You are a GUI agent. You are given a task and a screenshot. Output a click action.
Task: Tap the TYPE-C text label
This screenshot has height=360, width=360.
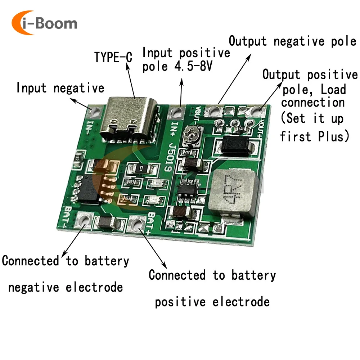[x=113, y=57]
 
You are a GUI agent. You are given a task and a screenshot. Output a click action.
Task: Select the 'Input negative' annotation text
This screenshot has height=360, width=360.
[x=60, y=88]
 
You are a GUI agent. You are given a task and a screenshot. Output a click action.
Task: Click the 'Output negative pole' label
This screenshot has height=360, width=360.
[x=292, y=41]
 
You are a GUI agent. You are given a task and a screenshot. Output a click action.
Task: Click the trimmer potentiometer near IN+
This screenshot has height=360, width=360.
[x=190, y=137]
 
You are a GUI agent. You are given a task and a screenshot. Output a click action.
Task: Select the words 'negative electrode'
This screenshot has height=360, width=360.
[x=66, y=288]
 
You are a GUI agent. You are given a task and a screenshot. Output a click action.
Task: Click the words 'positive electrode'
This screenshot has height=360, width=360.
[x=212, y=302]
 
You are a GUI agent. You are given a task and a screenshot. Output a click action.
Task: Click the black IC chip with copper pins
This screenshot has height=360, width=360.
[x=88, y=189]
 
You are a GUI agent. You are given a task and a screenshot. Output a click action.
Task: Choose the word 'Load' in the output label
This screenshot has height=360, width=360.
[x=329, y=89]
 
